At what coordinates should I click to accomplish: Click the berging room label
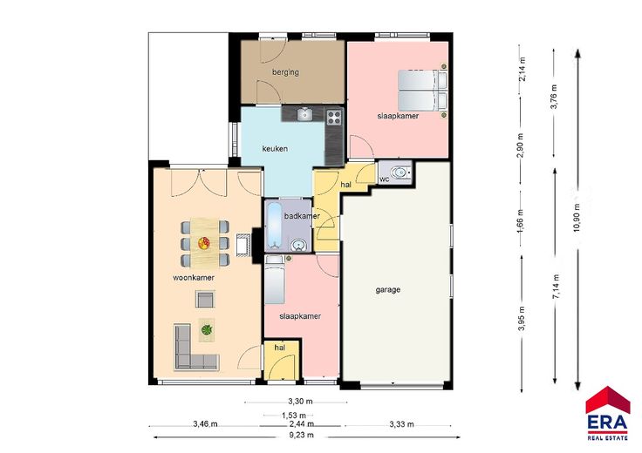(285, 72)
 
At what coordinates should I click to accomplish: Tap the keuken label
(275, 149)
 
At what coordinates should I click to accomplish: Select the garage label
(388, 290)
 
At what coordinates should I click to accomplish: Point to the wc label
(384, 179)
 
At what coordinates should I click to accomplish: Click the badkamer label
(302, 216)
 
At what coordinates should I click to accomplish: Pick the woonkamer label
(194, 278)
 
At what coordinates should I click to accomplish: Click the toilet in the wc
(400, 173)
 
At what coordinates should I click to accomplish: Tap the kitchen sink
(304, 114)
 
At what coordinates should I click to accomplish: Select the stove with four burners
(334, 118)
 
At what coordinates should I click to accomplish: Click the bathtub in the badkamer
(274, 226)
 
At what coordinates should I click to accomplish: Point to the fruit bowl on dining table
(204, 243)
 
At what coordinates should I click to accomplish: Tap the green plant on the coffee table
(207, 329)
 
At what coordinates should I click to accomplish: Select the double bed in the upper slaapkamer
(422, 91)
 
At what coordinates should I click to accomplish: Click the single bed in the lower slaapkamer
(275, 280)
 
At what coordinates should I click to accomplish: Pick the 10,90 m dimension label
(577, 218)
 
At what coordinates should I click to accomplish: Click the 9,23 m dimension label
(301, 435)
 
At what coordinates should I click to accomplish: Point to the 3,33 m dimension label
(401, 424)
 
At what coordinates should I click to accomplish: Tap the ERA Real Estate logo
(608, 413)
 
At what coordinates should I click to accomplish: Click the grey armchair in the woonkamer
(205, 299)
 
